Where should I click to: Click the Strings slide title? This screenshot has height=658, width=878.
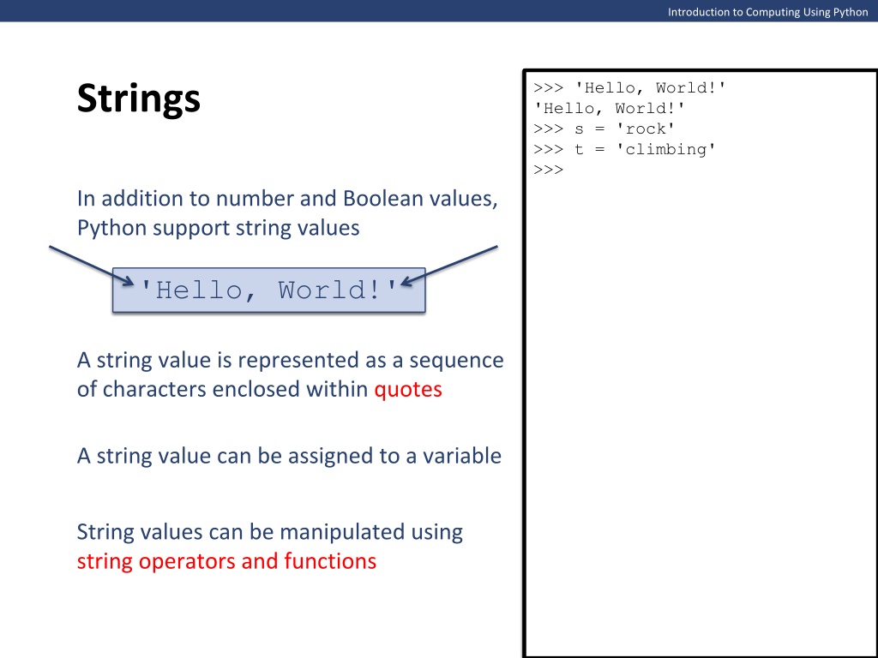coord(138,99)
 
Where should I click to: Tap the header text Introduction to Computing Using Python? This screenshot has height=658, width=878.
coord(767,12)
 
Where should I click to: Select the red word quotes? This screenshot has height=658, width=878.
coord(408,390)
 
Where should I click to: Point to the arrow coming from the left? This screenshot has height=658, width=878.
coord(92,266)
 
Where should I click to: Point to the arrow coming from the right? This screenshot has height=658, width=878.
coord(449,266)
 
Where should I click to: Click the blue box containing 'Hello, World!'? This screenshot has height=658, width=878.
coord(268,290)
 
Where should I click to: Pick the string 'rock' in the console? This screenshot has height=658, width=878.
coord(645,129)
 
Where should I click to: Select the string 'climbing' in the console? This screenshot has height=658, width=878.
coord(665,149)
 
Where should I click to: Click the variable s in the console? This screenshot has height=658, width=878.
coord(579,129)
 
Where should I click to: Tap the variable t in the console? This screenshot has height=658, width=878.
coord(579,149)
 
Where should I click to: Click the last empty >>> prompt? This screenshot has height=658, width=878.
coord(548,170)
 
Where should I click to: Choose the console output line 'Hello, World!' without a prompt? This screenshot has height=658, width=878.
coord(610,108)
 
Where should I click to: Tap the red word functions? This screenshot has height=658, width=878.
coord(330,561)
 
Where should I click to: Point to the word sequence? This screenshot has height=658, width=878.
coord(456,361)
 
